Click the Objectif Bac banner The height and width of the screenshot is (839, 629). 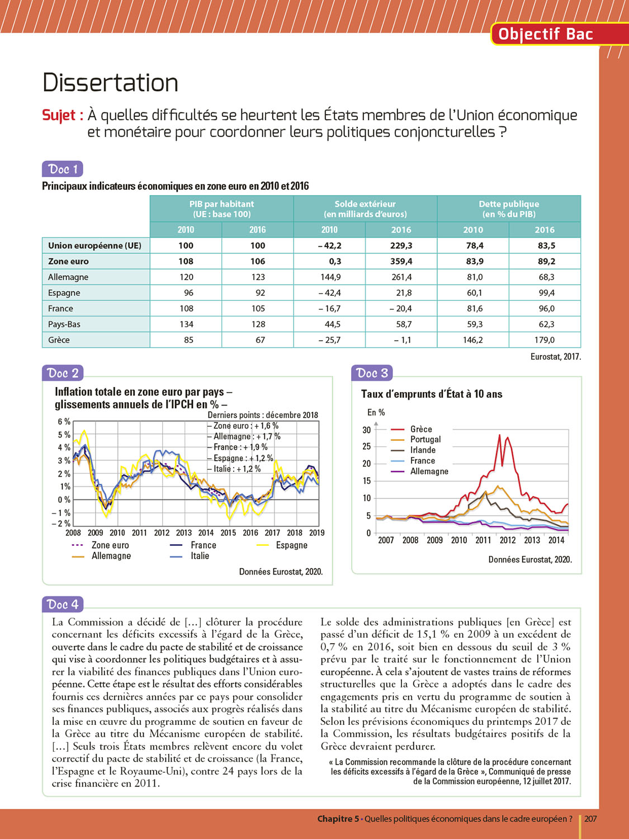click(x=545, y=34)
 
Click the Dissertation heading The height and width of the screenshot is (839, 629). click(x=110, y=83)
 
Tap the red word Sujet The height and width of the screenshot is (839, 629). click(x=62, y=115)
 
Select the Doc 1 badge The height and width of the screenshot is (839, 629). click(x=62, y=169)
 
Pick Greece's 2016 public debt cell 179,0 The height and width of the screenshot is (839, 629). click(x=544, y=340)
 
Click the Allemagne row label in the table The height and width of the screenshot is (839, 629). click(x=68, y=277)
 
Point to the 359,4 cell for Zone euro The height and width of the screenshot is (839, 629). click(x=401, y=261)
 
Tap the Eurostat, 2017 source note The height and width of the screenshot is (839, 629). click(x=555, y=357)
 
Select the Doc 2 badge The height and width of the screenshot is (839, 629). click(x=62, y=373)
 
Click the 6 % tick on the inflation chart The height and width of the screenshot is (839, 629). click(x=64, y=422)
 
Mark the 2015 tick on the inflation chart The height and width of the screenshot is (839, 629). click(x=228, y=533)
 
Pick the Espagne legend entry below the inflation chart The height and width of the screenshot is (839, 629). click(x=291, y=545)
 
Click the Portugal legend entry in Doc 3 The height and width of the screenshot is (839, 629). click(x=425, y=440)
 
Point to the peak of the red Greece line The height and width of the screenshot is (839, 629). click(x=499, y=435)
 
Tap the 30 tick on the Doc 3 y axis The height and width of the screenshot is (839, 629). click(x=367, y=430)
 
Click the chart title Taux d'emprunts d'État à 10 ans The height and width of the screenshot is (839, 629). click(x=432, y=394)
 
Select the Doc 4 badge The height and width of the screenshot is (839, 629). click(x=62, y=605)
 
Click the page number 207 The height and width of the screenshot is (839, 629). click(x=590, y=819)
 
